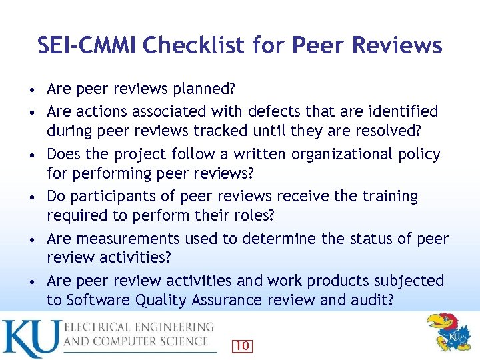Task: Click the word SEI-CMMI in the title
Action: tap(87, 45)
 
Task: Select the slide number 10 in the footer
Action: tap(243, 345)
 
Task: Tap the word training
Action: tap(389, 197)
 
